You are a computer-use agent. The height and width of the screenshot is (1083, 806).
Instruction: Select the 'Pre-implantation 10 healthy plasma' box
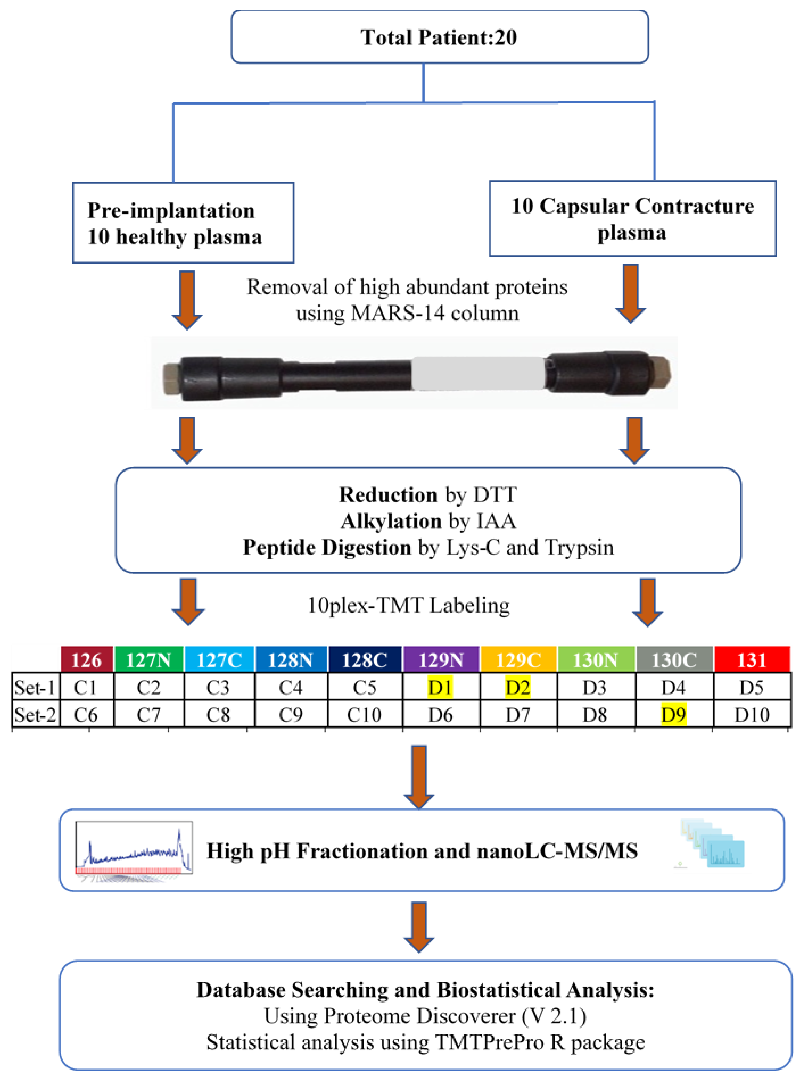point(183,223)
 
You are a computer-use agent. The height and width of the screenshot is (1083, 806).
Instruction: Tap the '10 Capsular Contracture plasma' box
point(632,218)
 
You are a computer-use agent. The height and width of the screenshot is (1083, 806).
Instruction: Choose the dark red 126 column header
point(86,660)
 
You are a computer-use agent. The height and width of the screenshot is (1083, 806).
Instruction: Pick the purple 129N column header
point(441,660)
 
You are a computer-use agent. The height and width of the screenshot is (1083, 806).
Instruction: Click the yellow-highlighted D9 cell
point(673,715)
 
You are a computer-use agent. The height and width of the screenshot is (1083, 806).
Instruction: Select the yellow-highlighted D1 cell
point(440,688)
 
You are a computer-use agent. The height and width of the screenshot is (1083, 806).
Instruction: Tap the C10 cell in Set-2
point(364,715)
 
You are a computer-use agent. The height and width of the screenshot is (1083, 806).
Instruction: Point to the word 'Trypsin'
point(579,547)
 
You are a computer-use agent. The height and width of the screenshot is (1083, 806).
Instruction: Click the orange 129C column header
point(518,660)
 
